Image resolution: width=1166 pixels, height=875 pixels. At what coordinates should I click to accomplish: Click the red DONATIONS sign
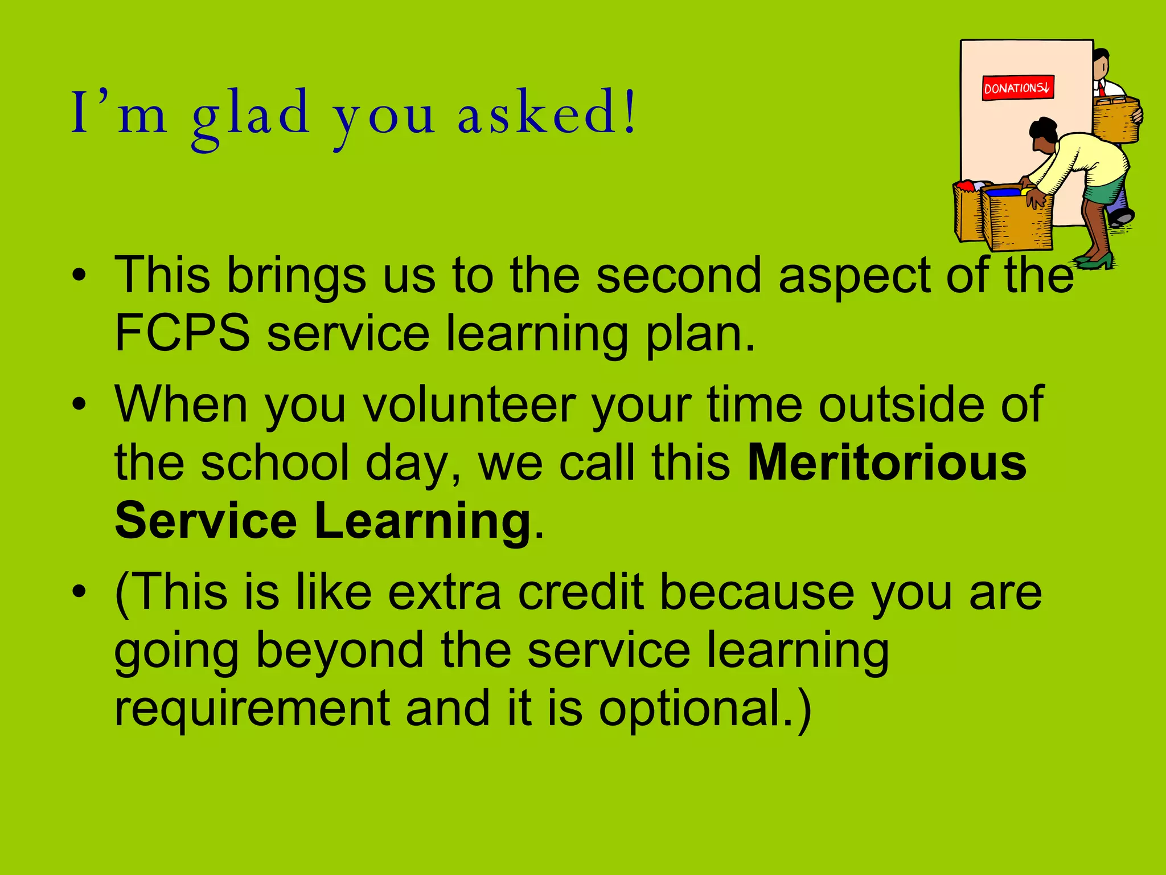click(x=1017, y=88)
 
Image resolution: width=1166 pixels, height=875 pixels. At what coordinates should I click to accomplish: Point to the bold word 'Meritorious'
click(x=886, y=463)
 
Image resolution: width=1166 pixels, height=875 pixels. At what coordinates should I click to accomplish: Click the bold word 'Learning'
click(x=422, y=521)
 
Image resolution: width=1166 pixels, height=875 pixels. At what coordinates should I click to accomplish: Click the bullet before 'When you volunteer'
click(x=79, y=404)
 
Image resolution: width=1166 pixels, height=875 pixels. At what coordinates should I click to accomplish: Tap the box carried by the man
click(x=1116, y=120)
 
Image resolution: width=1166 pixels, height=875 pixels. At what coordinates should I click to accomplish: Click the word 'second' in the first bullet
click(x=678, y=275)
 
